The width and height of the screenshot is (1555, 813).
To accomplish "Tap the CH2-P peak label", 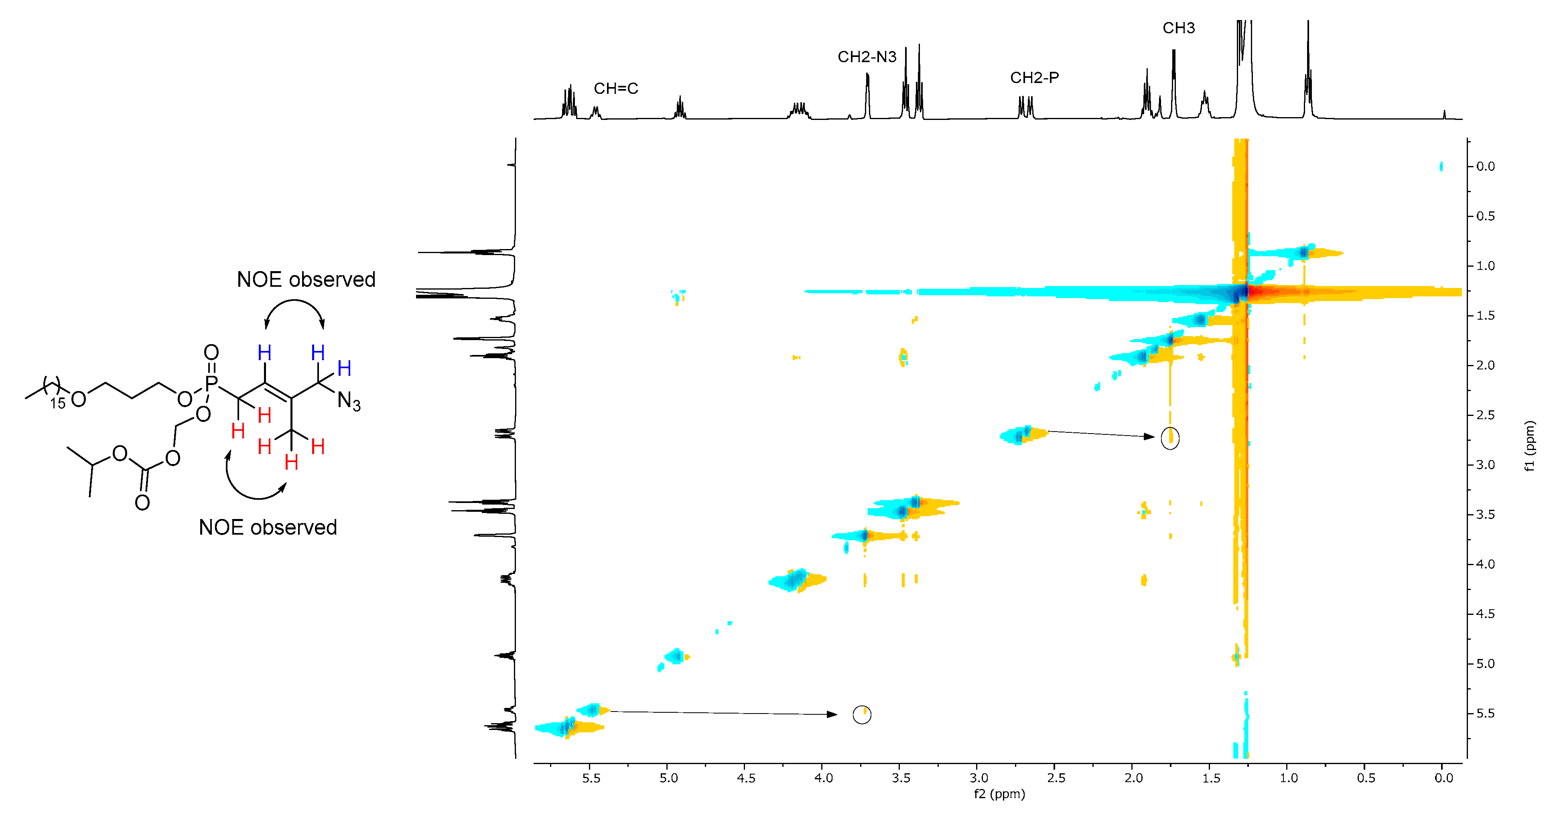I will coord(1034,78).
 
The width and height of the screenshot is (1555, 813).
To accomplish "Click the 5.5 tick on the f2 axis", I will coord(591,778).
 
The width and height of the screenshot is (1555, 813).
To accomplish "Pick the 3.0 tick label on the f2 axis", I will coord(978,778).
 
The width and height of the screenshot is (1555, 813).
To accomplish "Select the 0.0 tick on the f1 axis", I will coord(1485,166).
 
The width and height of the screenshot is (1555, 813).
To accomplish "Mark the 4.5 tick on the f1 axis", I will coord(1485,614).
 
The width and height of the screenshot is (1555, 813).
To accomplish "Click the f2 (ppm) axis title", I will coord(999,794).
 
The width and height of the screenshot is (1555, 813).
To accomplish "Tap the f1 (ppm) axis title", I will coord(1529,446).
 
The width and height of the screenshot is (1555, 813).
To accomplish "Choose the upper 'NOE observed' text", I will coord(306,280).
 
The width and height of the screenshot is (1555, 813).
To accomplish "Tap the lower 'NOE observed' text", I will coord(268,527).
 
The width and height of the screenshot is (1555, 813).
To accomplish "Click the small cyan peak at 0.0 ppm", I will coord(1441,166).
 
